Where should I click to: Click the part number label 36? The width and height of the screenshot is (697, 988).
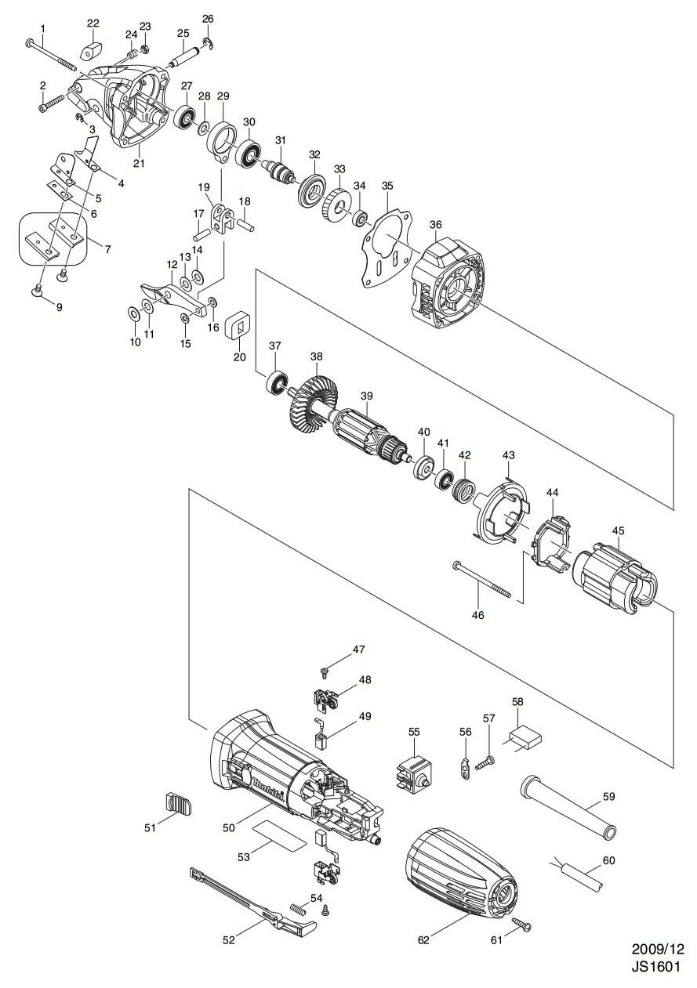pyautogui.click(x=436, y=224)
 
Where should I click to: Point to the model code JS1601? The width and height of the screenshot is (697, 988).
pyautogui.click(x=657, y=967)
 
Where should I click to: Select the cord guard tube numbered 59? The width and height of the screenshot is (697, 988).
pyautogui.click(x=566, y=806)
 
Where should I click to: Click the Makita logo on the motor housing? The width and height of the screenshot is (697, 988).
pyautogui.click(x=263, y=777)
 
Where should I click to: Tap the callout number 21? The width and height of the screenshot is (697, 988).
pyautogui.click(x=140, y=163)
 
